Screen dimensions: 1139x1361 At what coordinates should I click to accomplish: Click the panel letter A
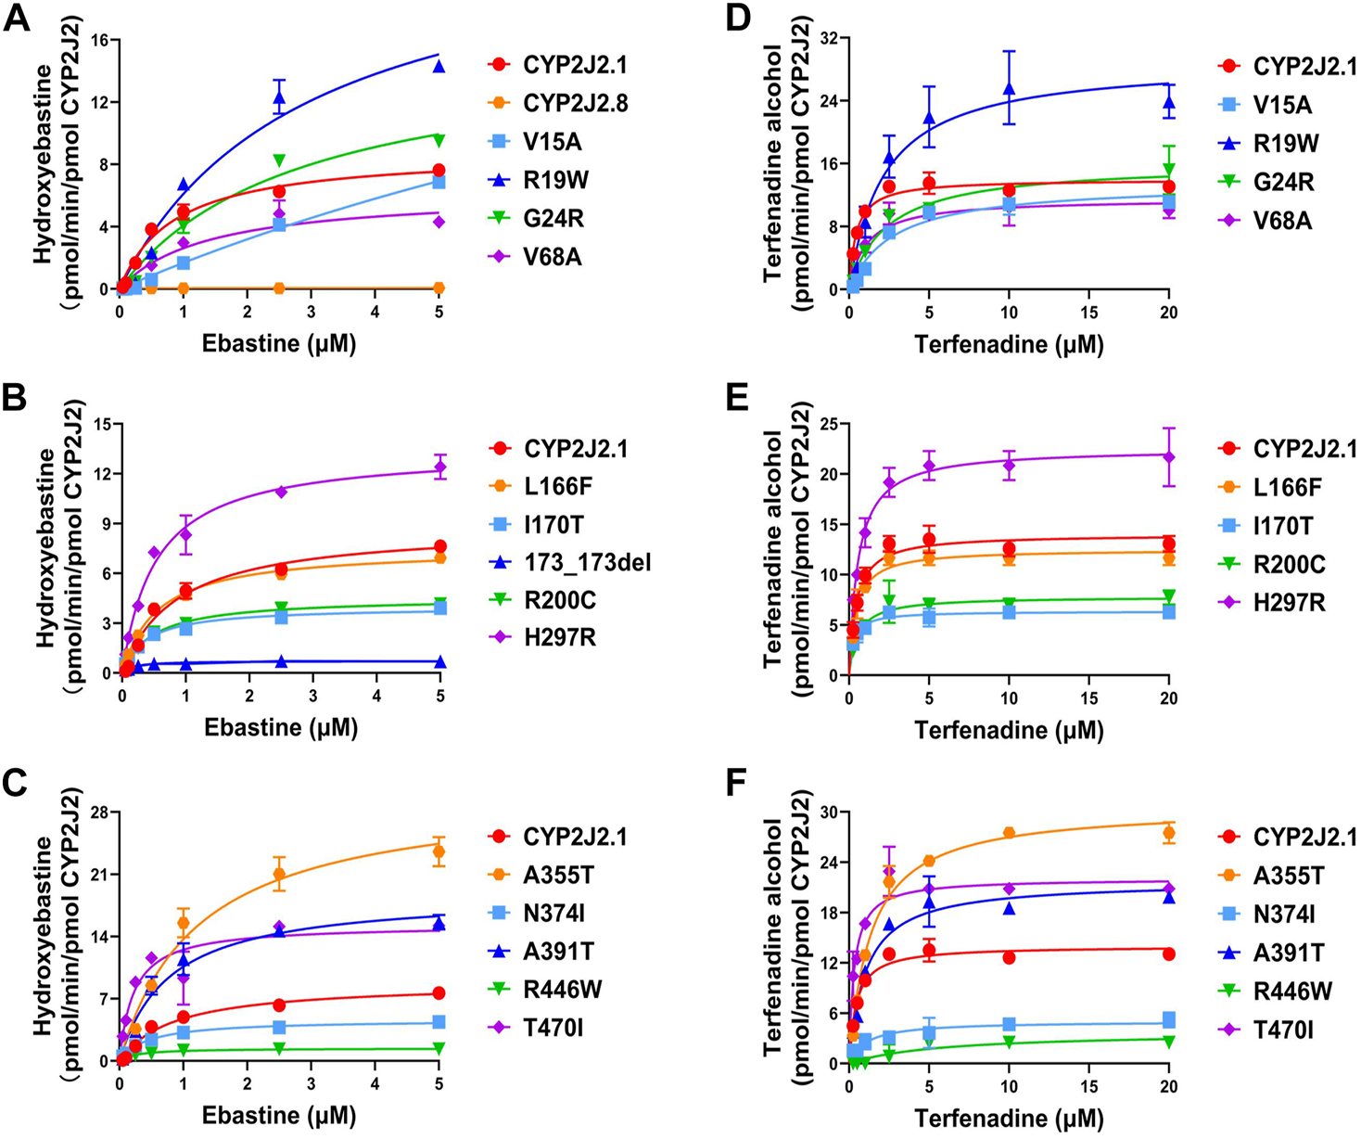coord(16,19)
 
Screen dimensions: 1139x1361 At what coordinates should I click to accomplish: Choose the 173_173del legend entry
coord(587,563)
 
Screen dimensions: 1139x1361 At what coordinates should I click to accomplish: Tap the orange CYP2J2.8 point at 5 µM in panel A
coord(439,288)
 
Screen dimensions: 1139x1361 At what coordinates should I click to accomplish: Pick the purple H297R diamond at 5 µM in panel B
coord(440,469)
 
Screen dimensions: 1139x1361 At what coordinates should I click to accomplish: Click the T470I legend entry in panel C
coord(559,1028)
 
